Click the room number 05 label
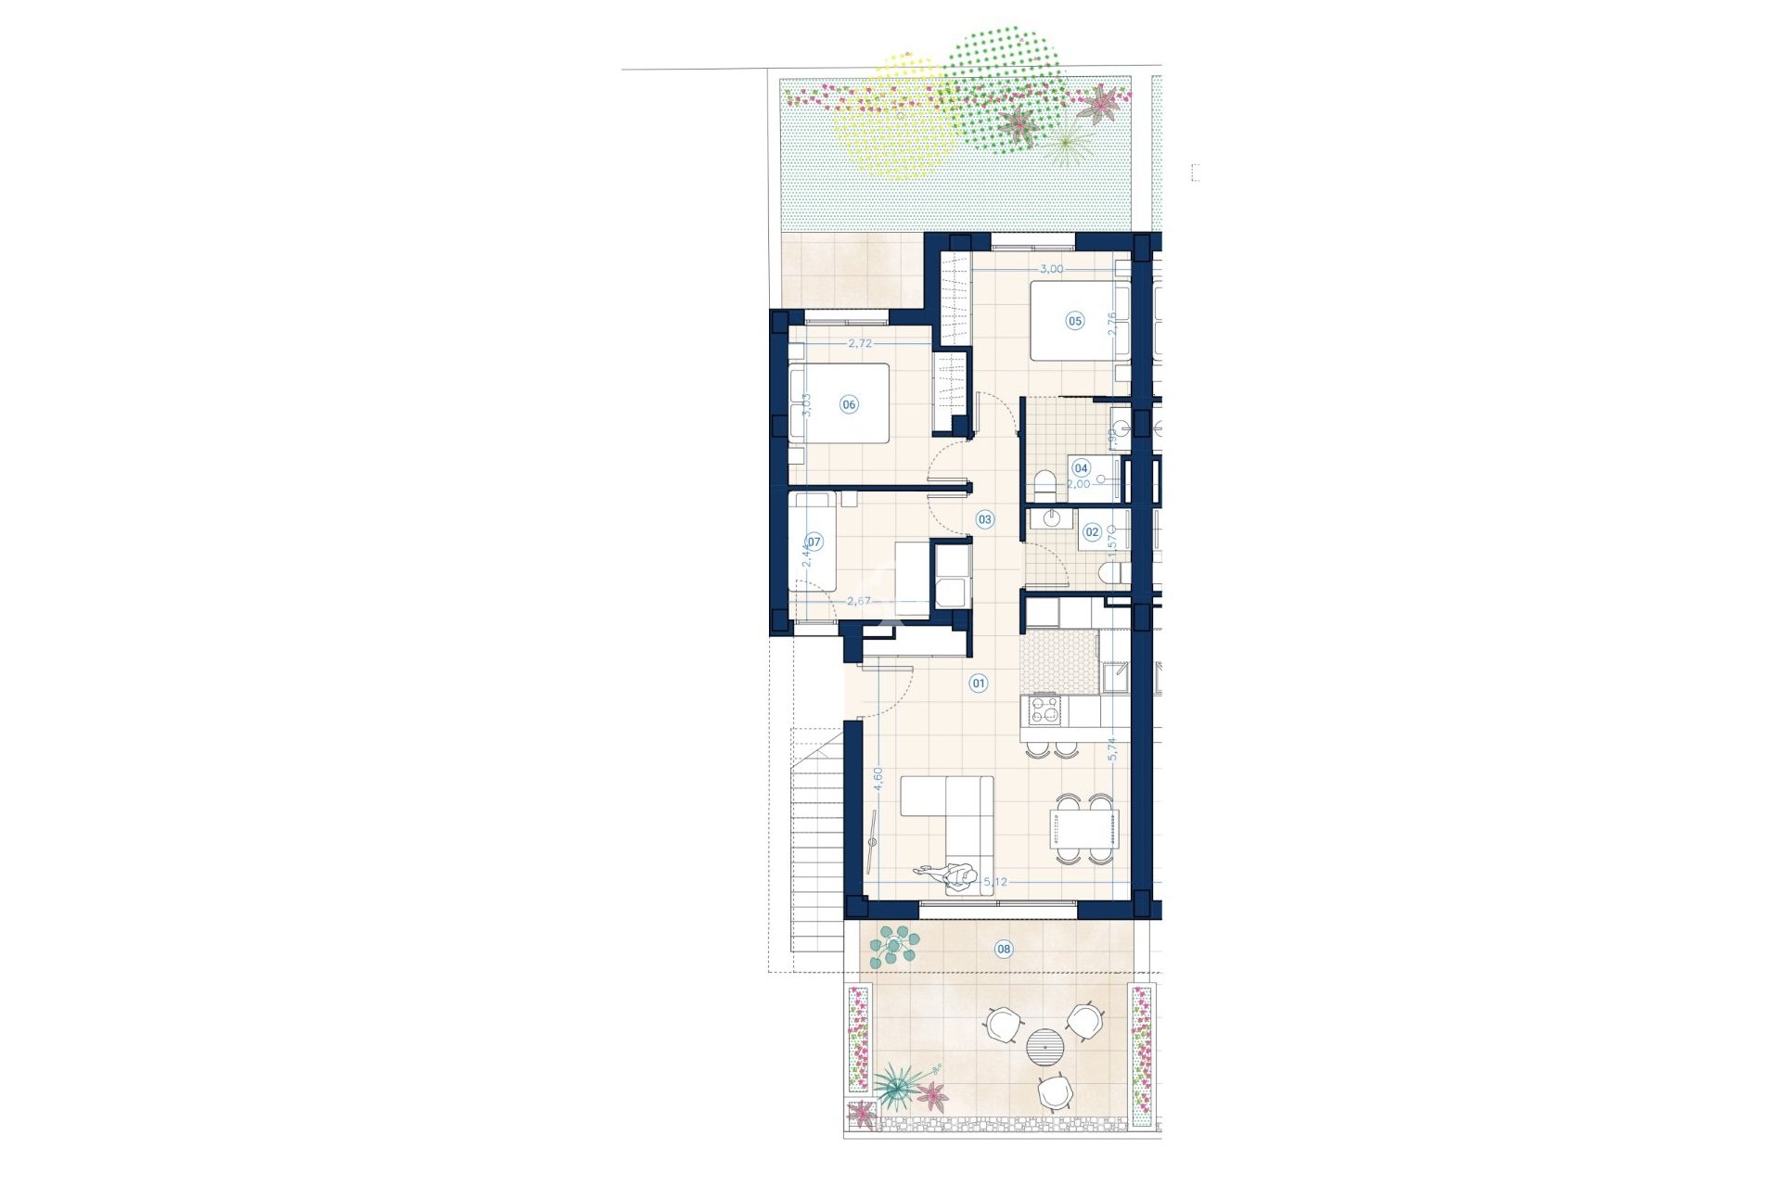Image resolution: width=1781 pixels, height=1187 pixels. [x=1074, y=321]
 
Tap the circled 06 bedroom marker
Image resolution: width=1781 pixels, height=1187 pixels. [x=849, y=404]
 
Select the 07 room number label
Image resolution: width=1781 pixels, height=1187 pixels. [x=814, y=542]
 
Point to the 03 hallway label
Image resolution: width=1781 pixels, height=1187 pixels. [x=984, y=519]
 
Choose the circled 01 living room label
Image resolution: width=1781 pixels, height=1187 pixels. [x=979, y=683]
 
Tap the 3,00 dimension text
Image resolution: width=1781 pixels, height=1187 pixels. [x=1051, y=269]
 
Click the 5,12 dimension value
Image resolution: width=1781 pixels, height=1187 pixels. [x=994, y=882]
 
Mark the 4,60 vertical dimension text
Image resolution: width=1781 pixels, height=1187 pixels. [x=229, y=777]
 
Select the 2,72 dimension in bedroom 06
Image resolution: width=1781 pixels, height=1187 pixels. [x=860, y=343]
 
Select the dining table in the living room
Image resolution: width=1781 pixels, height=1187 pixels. [x=1083, y=828]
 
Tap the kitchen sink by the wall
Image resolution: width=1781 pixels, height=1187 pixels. [x=1114, y=677]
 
